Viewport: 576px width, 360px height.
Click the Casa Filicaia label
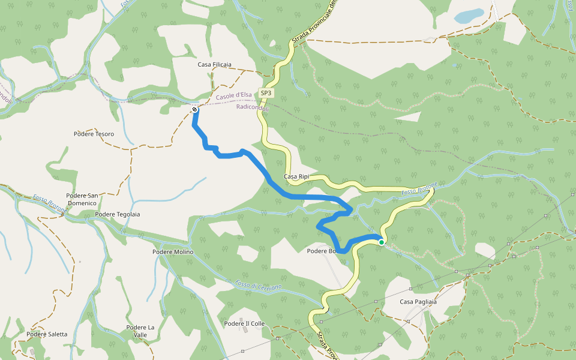pyautogui.click(x=214, y=64)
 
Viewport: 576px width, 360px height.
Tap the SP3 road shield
pyautogui.click(x=266, y=93)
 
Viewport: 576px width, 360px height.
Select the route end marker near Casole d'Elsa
pyautogui.click(x=195, y=109)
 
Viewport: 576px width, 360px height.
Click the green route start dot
pyautogui.click(x=382, y=242)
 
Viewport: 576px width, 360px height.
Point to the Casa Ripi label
pyautogui.click(x=296, y=177)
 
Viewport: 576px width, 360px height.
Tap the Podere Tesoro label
pyautogui.click(x=94, y=134)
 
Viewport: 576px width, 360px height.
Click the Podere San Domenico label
pyautogui.click(x=82, y=199)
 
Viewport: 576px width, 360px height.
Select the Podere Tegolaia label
pyautogui.click(x=118, y=214)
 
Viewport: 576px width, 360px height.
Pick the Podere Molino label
pyautogui.click(x=173, y=252)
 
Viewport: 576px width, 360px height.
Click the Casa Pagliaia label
pyautogui.click(x=418, y=301)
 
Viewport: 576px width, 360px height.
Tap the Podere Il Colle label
pyautogui.click(x=244, y=323)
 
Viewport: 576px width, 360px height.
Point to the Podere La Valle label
pyautogui.click(x=141, y=331)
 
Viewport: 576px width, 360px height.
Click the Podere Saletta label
pyautogui.click(x=47, y=334)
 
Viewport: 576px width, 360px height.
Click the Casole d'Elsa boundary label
pyautogui.click(x=233, y=95)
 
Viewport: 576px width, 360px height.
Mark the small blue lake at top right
pyautogui.click(x=469, y=16)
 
